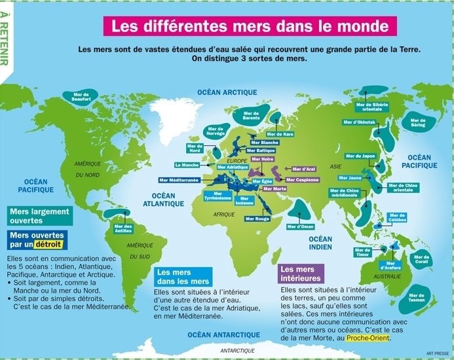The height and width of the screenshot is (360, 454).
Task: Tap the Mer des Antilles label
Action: [123, 229]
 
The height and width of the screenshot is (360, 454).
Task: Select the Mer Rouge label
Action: [261, 219]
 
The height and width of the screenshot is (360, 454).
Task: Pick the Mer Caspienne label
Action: [302, 179]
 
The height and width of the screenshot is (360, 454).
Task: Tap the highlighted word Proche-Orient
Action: [371, 338]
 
